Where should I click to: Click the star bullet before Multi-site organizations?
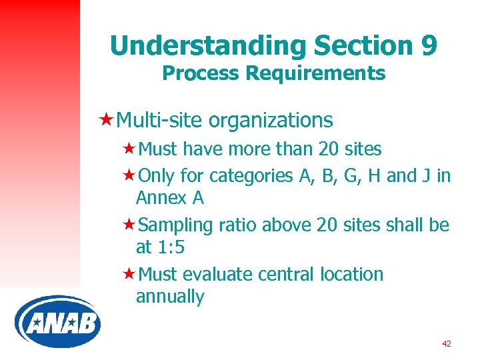pyautogui.click(x=105, y=120)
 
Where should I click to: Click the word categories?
pyautogui.click(x=249, y=176)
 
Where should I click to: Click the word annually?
pyautogui.click(x=170, y=297)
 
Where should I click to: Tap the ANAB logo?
pyautogui.click(x=57, y=324)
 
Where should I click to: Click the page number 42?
pyautogui.click(x=446, y=343)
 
